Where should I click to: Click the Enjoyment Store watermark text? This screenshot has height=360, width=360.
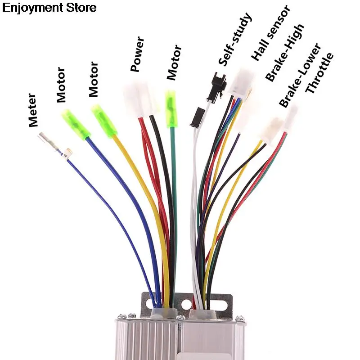(49, 8)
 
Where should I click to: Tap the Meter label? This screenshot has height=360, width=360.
(33, 110)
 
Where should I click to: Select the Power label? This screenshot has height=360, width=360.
(137, 55)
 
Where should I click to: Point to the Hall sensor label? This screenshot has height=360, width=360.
(270, 33)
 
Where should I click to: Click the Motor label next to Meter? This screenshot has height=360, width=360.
(61, 85)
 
